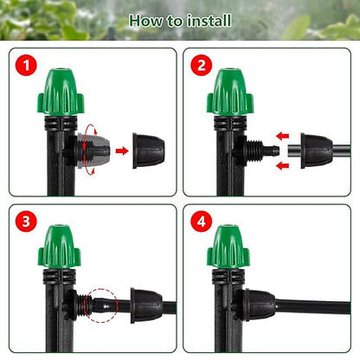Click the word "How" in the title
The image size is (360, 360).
pos(145,19)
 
